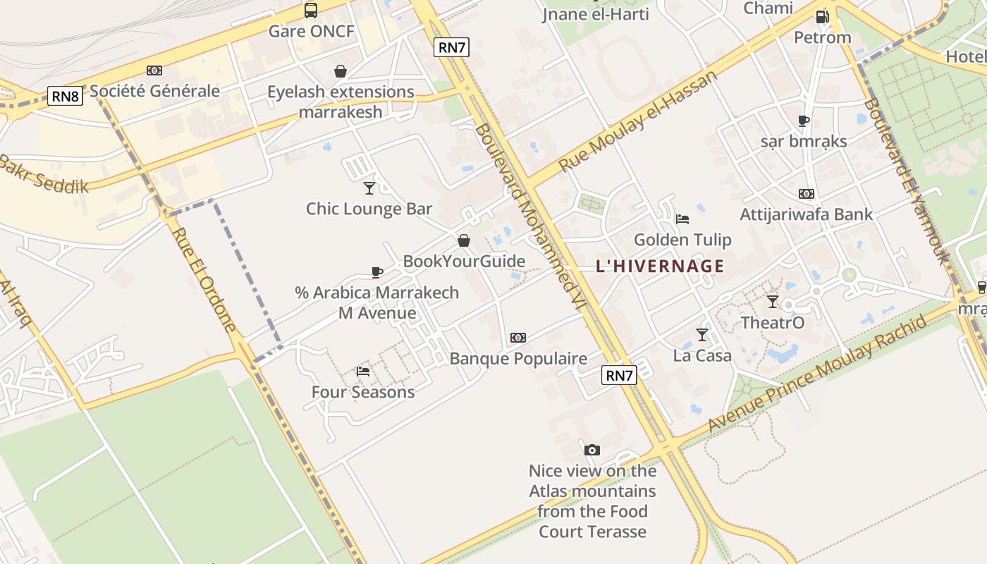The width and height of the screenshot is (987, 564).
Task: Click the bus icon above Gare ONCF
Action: coord(311,11)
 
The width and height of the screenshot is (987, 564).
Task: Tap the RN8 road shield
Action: coord(66,96)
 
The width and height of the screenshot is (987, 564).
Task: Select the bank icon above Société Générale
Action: coord(154,70)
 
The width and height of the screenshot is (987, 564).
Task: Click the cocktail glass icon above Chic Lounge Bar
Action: coord(369,188)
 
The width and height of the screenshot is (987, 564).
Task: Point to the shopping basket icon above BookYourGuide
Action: coord(464,241)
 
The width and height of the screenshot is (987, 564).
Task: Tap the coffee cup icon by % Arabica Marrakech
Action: coord(377,272)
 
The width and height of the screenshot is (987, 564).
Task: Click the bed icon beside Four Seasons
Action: coord(363,371)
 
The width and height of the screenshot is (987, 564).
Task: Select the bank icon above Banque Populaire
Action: coord(518,338)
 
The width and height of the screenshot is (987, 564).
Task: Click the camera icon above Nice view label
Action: coord(592,450)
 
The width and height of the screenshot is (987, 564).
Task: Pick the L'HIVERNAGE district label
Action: coord(660,266)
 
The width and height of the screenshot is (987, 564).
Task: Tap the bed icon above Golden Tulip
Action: coord(682,219)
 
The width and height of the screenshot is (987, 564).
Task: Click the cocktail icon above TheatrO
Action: coord(773,302)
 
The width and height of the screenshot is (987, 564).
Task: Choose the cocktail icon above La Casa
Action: coord(701,334)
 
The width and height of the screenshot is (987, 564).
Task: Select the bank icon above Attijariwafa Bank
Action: coord(807,194)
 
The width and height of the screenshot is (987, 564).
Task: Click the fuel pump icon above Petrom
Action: coord(822,17)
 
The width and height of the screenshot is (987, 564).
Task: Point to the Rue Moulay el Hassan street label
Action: coord(637,121)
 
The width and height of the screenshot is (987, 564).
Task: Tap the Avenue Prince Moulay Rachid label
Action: coord(817,374)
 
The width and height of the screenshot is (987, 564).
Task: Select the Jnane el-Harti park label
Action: coord(596,14)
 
